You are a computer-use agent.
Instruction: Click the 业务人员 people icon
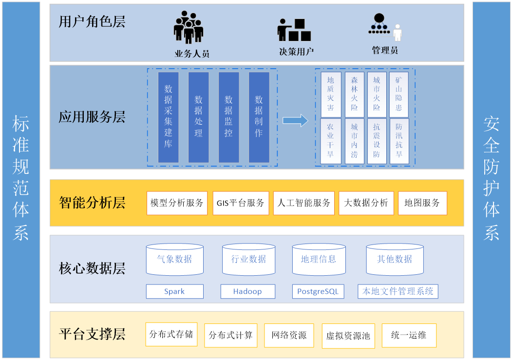[x=188, y=28]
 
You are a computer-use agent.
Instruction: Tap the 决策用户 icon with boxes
[x=294, y=30]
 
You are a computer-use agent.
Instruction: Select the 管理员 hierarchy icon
[x=385, y=27]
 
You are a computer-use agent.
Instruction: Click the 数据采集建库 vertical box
[x=168, y=117]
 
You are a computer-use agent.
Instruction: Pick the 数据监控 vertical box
[x=228, y=117]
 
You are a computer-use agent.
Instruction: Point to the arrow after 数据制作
[x=295, y=120]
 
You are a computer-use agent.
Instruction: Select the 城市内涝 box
[x=354, y=141]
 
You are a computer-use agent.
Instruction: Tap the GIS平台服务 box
[x=241, y=203]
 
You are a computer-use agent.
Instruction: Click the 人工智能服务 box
[x=304, y=203]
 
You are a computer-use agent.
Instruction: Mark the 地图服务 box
[x=422, y=203]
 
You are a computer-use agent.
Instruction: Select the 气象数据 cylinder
[x=174, y=259]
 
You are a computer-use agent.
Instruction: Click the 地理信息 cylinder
[x=319, y=259]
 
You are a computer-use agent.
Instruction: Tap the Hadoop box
[x=247, y=291]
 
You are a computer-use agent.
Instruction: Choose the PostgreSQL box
[x=319, y=291]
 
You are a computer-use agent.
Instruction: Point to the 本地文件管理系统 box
[x=398, y=291]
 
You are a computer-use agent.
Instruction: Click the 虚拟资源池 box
[x=348, y=336]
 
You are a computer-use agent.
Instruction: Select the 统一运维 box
[x=409, y=335]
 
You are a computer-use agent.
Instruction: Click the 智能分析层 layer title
[x=92, y=203]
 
